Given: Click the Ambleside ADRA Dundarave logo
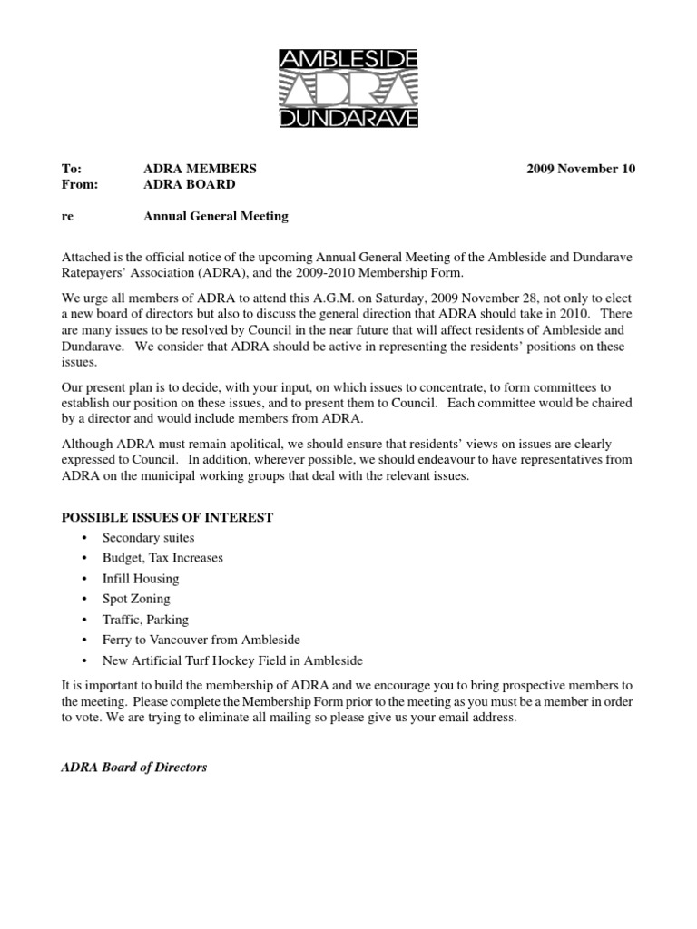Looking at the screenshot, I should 348,89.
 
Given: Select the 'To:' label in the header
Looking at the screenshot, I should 71,169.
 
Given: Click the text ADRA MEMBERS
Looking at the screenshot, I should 200,169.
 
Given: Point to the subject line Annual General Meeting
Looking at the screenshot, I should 216,216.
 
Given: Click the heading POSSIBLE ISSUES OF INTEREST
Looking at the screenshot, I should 167,517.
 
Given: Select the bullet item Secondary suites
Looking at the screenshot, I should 148,538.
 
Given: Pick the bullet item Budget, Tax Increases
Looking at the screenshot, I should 162,558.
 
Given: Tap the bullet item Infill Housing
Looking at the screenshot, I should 141,579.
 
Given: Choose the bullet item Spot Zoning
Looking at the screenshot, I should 136,599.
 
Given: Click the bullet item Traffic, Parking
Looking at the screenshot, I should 145,620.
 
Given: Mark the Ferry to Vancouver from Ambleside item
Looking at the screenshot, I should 201,640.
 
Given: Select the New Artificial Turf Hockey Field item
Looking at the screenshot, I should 232,660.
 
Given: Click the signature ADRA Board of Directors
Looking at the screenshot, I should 133,767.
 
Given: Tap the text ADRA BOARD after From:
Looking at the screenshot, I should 190,184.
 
